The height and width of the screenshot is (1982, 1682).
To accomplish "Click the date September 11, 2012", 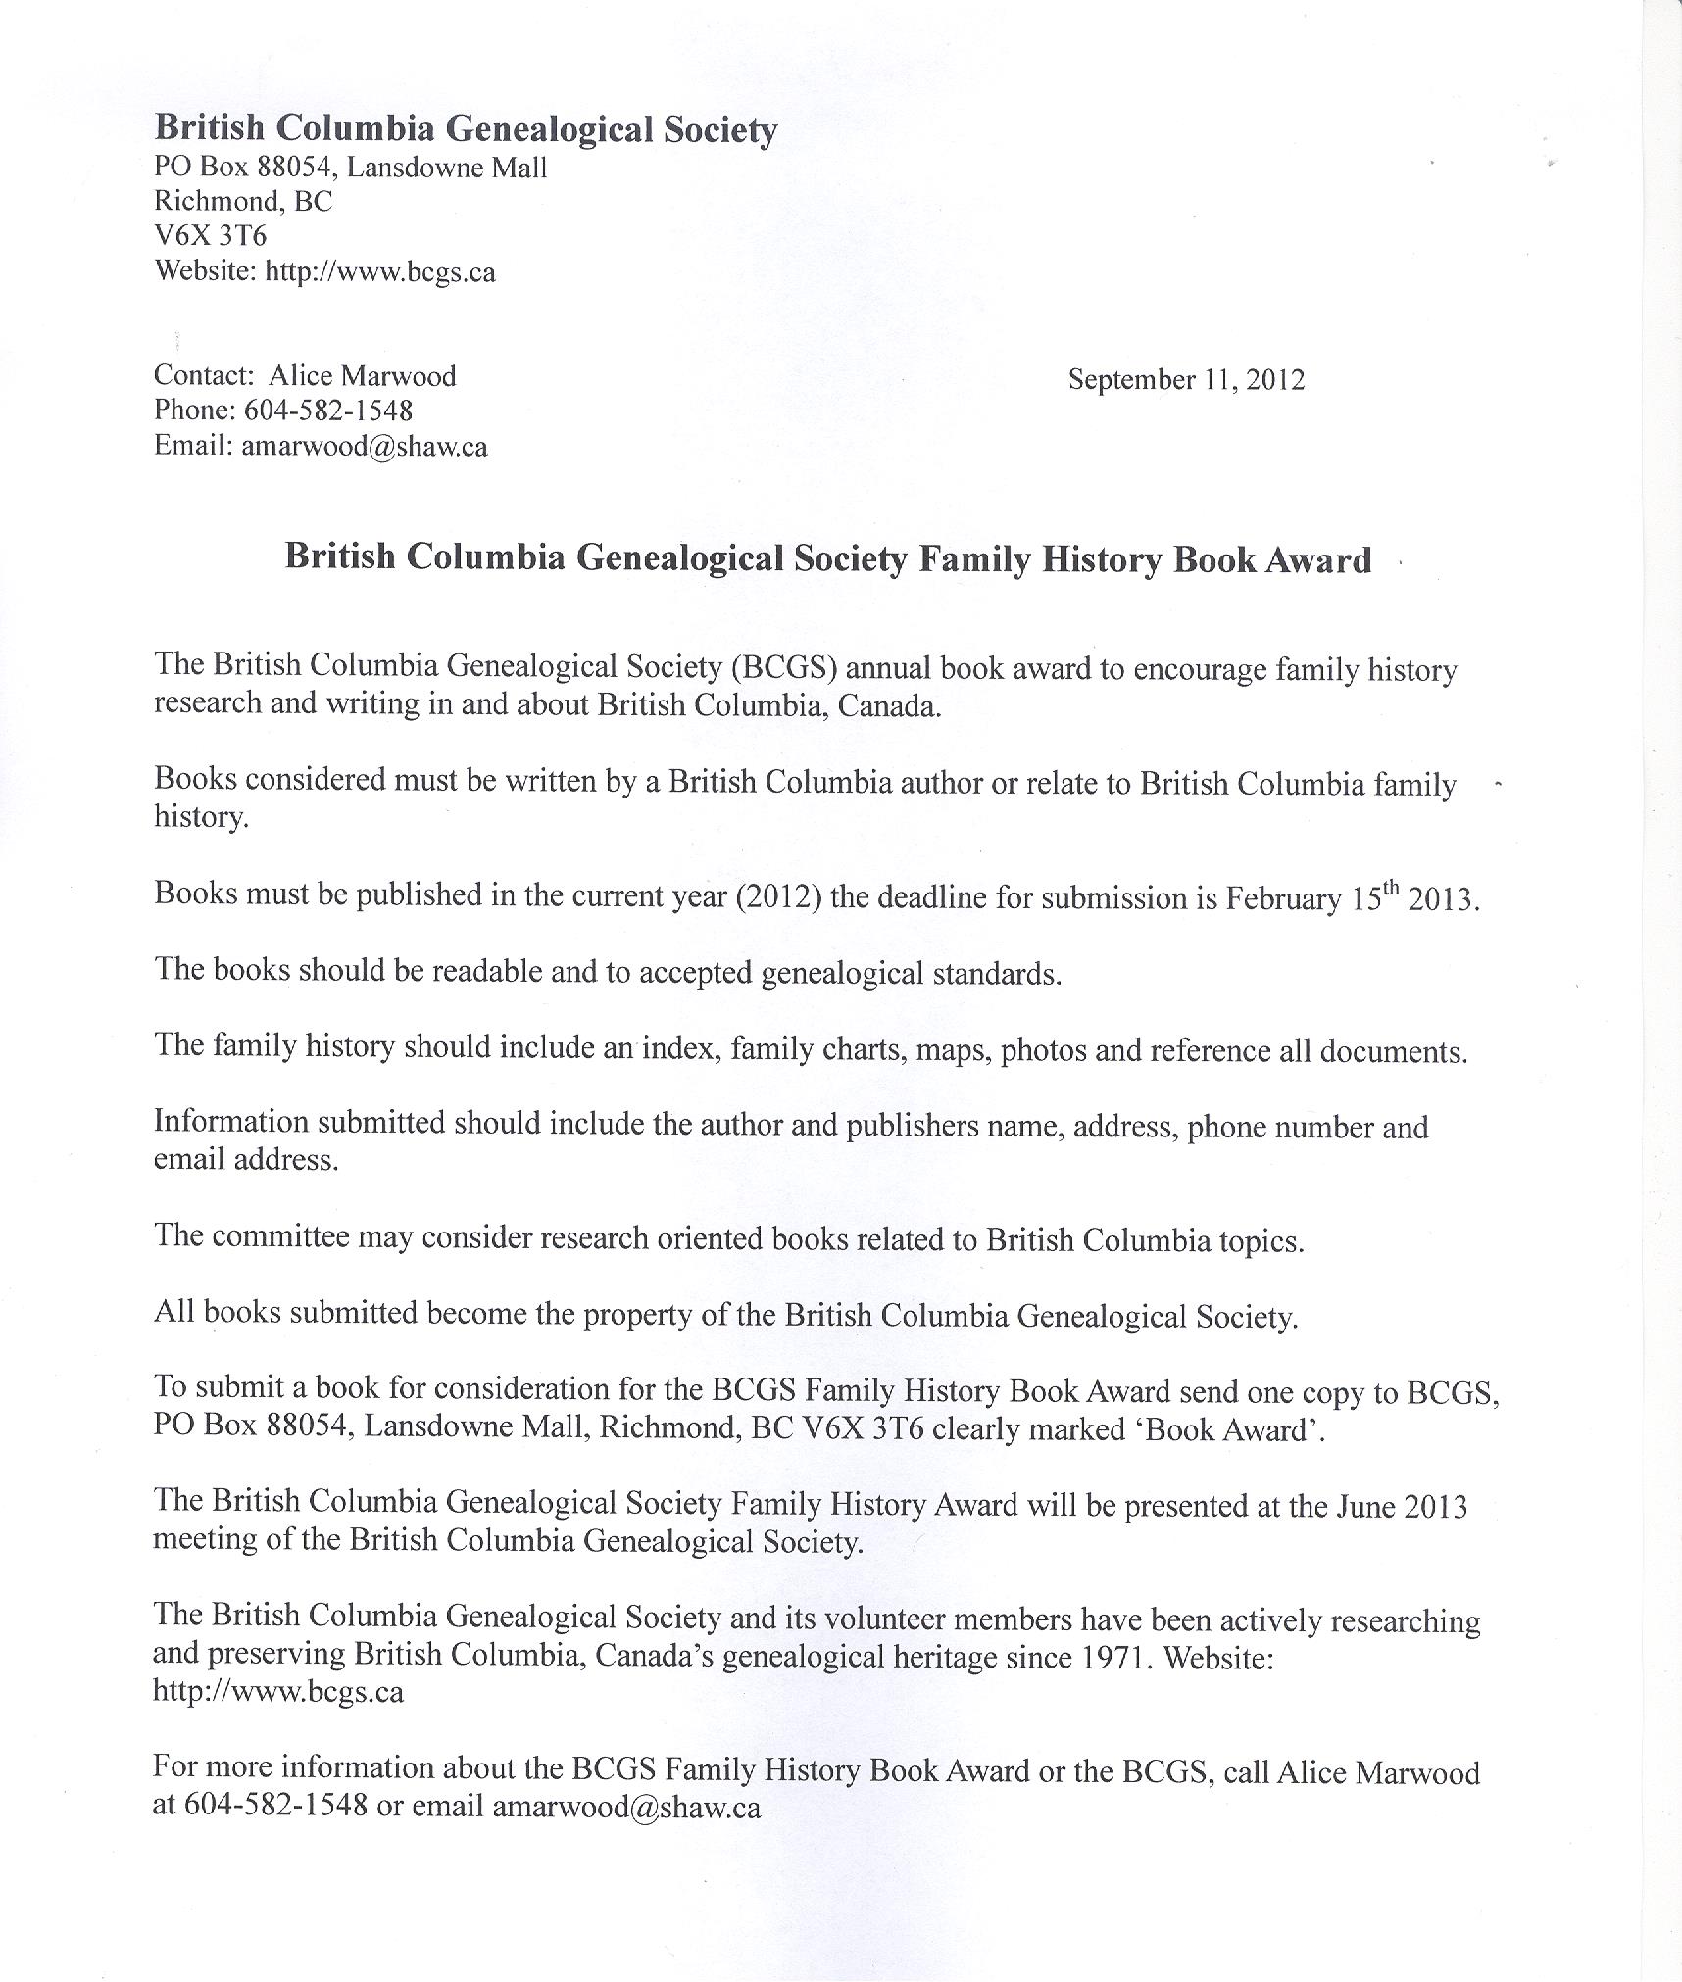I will pos(1186,380).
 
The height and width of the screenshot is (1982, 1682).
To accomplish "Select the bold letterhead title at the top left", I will pos(466,129).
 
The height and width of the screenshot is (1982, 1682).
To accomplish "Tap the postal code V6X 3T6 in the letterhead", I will pos(210,236).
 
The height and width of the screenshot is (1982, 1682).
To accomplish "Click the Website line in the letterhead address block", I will pos(324,271).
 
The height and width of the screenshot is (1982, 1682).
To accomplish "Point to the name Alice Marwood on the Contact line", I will pos(363,376).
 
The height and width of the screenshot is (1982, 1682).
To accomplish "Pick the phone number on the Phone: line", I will pos(327,411).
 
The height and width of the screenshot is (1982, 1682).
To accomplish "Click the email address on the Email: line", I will pos(364,447).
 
